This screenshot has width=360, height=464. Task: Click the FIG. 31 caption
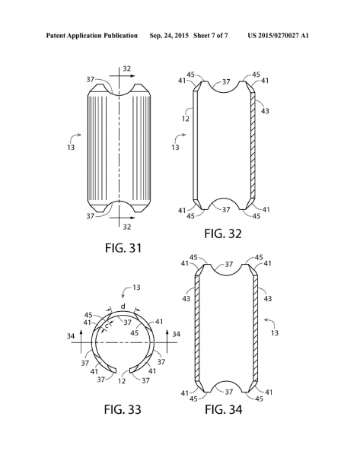coord(123,248)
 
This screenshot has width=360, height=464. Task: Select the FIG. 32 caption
coord(223,234)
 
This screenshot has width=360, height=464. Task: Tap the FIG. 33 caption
coord(123,409)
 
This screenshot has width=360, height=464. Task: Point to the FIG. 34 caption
coord(224,409)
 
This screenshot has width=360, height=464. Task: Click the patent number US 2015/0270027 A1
coord(278,36)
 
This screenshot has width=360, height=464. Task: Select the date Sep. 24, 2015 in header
coord(169,36)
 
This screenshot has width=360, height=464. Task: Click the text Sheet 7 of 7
coord(211,36)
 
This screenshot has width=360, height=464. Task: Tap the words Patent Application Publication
coord(92,36)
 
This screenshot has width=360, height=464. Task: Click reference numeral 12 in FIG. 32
coord(186,119)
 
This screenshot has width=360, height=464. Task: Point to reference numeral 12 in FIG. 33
coord(122,381)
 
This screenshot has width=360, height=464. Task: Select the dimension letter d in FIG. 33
coord(123,307)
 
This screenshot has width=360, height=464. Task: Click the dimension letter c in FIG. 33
coord(107,326)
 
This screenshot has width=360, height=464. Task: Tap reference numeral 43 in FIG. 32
coord(265,111)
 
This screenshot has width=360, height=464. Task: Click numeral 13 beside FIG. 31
coord(71,147)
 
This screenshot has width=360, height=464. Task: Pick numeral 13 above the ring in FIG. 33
coord(136,288)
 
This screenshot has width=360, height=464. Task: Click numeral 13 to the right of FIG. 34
coord(275,333)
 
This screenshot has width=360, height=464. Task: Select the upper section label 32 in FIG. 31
coord(126,68)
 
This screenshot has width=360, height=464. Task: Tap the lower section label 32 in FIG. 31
coord(126,227)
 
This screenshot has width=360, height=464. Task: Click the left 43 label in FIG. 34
coord(186,299)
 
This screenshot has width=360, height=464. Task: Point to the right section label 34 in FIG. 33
coord(176,335)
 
